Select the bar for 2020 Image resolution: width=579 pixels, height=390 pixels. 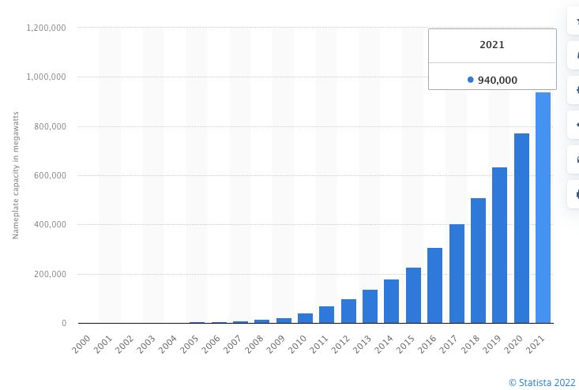pos(521,228)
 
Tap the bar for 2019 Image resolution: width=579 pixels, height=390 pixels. pos(499,246)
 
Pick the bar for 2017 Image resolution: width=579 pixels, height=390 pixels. pos(457,274)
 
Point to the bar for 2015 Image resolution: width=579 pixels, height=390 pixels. pos(413,295)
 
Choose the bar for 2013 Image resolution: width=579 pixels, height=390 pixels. pos(370,306)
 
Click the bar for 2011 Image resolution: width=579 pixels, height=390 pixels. pos(326,315)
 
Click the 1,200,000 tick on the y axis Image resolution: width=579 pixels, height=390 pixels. pos(46,28)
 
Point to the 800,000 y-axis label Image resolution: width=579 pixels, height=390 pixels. pos(49,126)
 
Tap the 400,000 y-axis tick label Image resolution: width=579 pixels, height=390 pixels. pos(49,225)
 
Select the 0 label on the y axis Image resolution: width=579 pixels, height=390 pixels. pos(63,324)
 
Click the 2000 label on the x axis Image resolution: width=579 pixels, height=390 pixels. pos(81,343)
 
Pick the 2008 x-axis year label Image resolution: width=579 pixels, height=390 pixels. pos(254,343)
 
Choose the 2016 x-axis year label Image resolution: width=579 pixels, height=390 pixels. pos(427,343)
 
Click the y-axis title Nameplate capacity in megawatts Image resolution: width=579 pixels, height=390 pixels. pos(15,175)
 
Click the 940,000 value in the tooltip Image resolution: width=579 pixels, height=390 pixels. pos(498,80)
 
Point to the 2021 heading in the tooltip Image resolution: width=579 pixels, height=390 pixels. pos(492,45)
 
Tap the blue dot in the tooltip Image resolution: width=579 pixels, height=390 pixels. pos(471,80)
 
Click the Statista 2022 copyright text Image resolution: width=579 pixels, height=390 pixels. pos(542,383)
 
